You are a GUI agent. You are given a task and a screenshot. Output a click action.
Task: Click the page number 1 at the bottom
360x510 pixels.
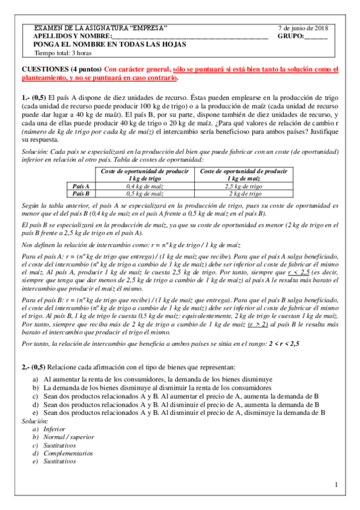(x=337, y=485)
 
